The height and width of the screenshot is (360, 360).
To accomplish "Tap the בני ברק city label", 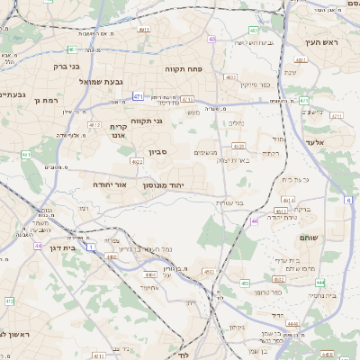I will click(62, 66).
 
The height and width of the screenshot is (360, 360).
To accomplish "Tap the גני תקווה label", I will click(146, 120).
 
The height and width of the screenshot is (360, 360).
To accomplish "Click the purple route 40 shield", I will click(211, 40).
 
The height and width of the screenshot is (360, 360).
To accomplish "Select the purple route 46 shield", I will click(255, 220).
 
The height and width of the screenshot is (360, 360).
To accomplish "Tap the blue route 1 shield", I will click(89, 244).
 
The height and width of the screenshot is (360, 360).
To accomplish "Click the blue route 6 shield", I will click(348, 202).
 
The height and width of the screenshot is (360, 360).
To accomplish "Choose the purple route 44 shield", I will click(38, 245).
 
